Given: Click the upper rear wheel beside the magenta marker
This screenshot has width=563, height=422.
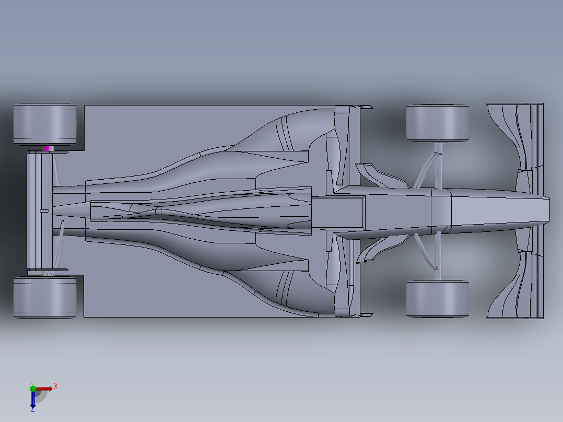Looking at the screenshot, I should pyautogui.click(x=44, y=124).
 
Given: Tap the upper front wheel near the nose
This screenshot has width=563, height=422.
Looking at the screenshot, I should pyautogui.click(x=437, y=123).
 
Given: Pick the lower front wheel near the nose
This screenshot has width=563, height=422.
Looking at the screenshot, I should pyautogui.click(x=437, y=299).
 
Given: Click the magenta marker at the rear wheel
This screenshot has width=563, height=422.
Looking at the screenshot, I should pyautogui.click(x=46, y=148).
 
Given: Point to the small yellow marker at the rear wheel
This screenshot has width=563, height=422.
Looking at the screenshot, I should pyautogui.click(x=43, y=273).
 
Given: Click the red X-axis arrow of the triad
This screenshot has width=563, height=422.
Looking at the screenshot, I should pyautogui.click(x=44, y=389).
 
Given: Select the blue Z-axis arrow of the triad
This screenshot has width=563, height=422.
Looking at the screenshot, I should pyautogui.click(x=33, y=400).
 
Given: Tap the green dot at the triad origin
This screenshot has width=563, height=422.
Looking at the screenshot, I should pyautogui.click(x=33, y=388).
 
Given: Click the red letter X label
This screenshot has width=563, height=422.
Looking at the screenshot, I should pyautogui.click(x=56, y=386).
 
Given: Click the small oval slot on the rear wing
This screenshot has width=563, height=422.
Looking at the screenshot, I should pyautogui.click(x=44, y=211).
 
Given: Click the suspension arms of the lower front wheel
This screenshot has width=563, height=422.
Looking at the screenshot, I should pyautogui.click(x=431, y=253).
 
